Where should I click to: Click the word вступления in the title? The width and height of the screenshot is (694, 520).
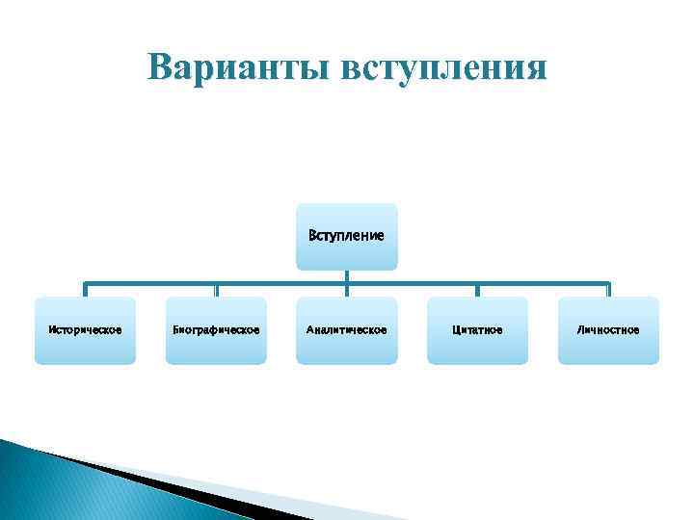click(447, 69)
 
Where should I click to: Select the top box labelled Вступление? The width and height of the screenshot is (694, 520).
click(346, 236)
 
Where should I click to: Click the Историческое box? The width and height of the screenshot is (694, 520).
click(85, 330)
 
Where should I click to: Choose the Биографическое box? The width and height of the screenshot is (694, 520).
click(216, 330)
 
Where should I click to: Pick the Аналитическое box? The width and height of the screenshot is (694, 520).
click(346, 330)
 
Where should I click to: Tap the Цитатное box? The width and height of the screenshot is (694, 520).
click(477, 330)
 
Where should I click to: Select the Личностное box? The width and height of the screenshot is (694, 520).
click(608, 330)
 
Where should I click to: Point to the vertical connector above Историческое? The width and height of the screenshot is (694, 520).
click(85, 290)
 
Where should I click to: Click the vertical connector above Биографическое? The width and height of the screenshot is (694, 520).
click(216, 290)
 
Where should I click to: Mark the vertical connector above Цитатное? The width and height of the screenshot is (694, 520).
click(477, 290)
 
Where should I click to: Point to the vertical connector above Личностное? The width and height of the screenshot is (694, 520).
click(608, 290)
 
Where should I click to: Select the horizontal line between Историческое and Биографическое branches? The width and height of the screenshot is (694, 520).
click(150, 283)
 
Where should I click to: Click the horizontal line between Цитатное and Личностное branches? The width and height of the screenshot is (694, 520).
click(543, 283)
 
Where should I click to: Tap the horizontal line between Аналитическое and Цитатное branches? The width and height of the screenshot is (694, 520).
click(412, 283)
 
